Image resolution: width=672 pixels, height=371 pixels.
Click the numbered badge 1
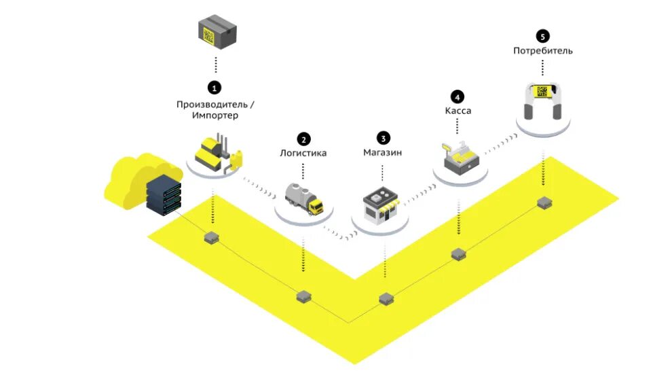(214, 88)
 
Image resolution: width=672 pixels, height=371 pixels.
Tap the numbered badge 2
(303, 139)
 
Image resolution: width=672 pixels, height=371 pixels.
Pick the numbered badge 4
(458, 96)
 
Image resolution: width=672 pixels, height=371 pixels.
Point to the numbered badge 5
(542, 37)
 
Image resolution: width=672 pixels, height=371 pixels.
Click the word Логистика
(303, 153)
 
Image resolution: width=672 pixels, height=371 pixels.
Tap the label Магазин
(382, 152)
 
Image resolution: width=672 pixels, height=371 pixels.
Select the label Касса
(458, 110)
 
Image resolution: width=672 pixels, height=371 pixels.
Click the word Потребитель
(542, 50)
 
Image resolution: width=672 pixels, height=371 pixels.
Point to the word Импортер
(215, 116)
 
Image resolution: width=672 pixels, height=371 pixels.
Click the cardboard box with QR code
(217, 31)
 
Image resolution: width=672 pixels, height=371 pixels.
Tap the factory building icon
(216, 153)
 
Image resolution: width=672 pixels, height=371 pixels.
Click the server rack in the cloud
(164, 193)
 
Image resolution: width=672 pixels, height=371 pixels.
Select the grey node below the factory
(213, 237)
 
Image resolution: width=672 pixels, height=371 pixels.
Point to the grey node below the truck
(303, 296)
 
